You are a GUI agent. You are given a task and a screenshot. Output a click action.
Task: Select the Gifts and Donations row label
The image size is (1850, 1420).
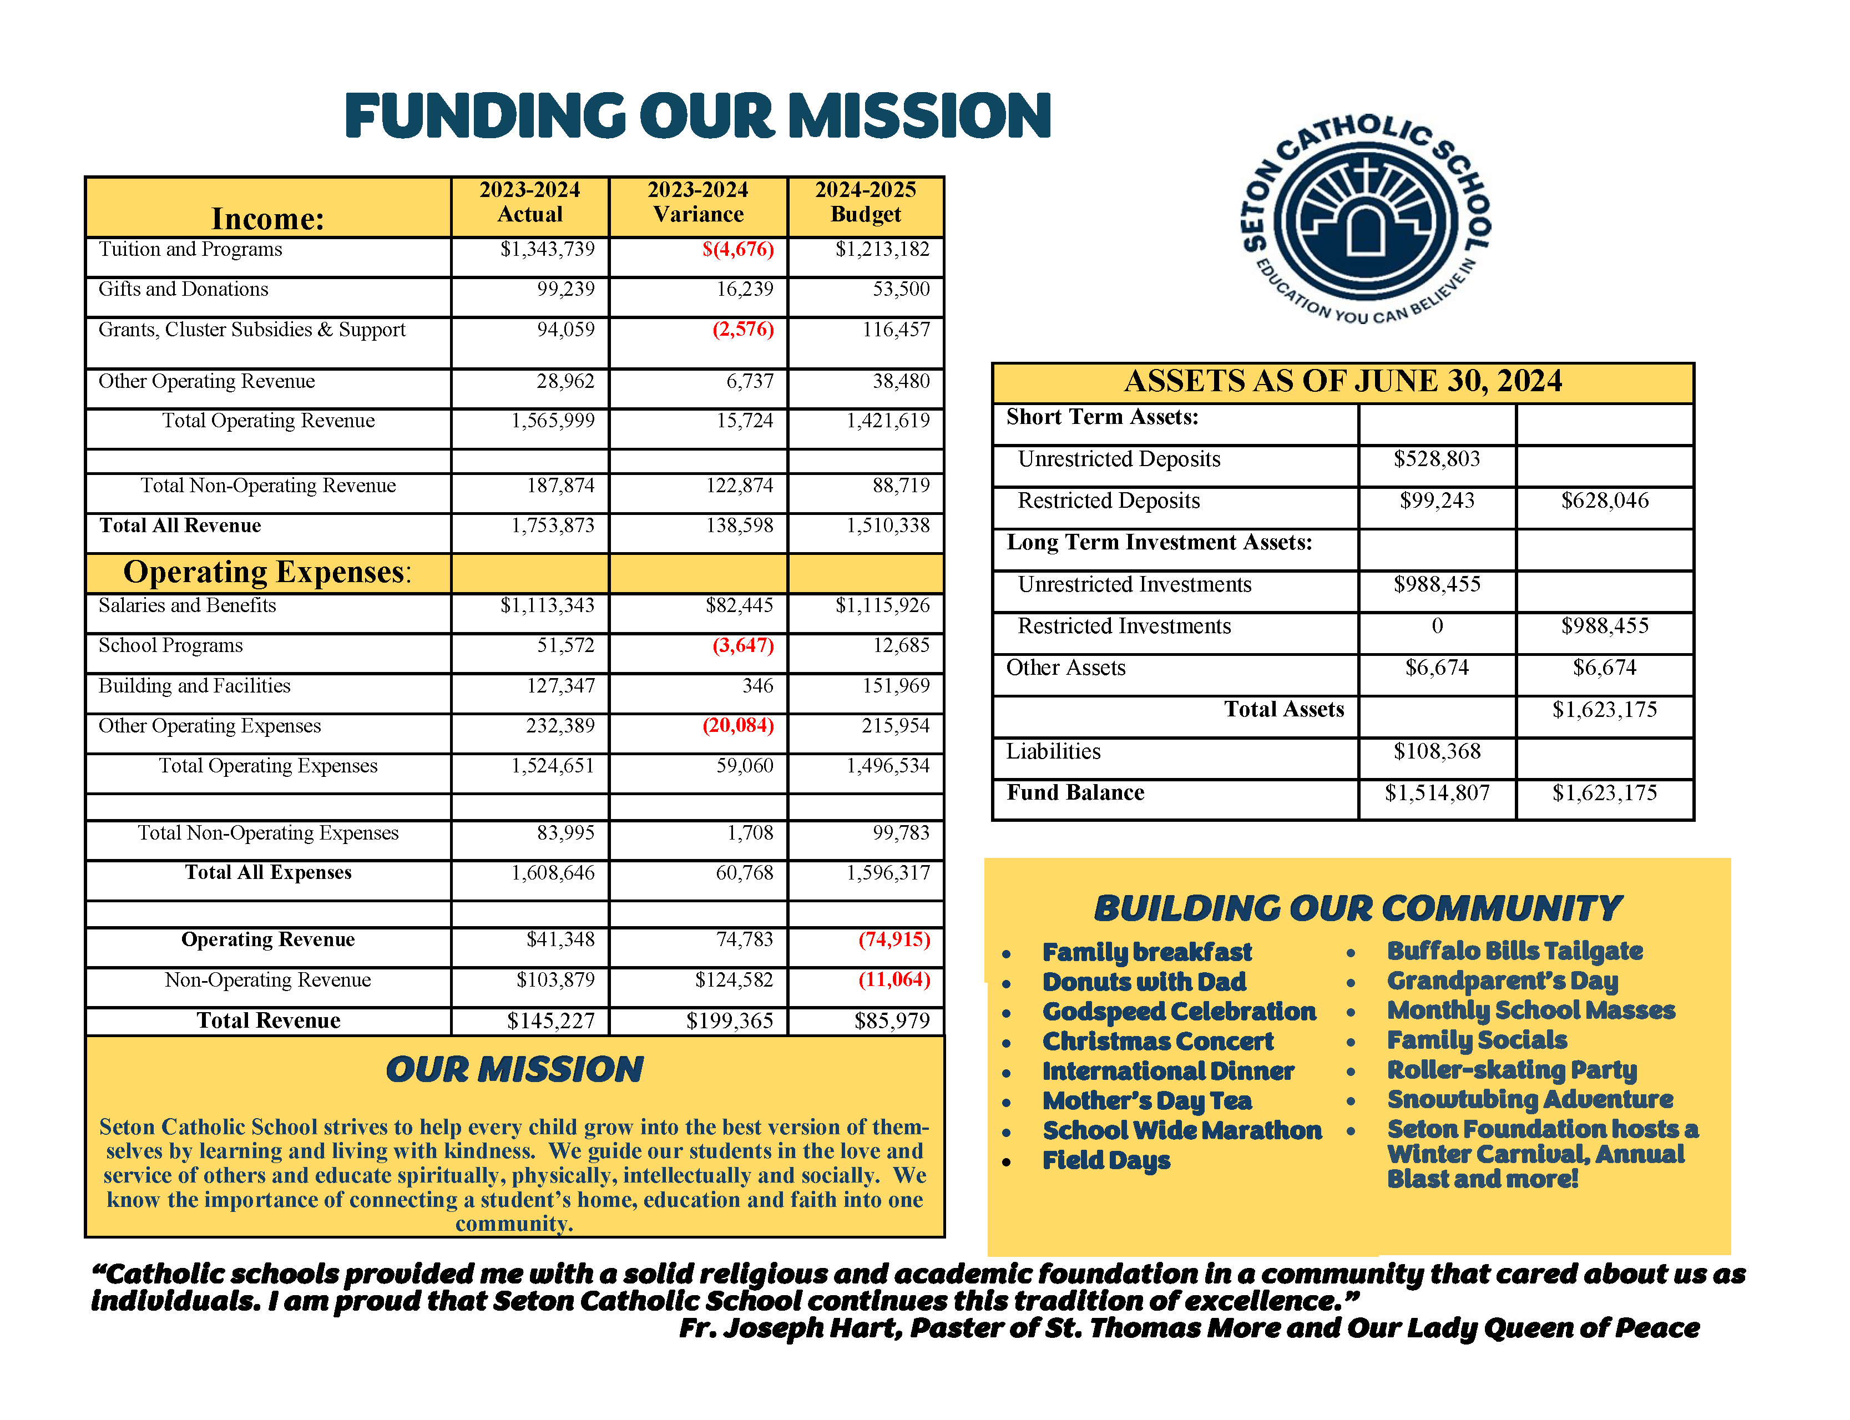click(184, 289)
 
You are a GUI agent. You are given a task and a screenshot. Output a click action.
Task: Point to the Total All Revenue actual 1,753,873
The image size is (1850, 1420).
click(553, 525)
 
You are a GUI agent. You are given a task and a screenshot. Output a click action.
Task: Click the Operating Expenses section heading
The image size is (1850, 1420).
click(267, 572)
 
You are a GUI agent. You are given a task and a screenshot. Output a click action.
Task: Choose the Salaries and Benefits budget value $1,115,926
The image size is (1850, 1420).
click(882, 605)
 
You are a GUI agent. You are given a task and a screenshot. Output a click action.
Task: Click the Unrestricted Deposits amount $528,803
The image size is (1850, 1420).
click(1437, 459)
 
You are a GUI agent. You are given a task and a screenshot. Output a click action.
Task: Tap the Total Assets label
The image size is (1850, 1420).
click(1284, 709)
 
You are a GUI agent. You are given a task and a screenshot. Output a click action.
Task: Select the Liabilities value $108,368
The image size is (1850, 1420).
click(1437, 751)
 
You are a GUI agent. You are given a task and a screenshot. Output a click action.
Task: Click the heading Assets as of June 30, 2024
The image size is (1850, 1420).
click(1342, 381)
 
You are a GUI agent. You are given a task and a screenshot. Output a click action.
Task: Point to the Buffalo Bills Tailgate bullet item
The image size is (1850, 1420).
click(1514, 952)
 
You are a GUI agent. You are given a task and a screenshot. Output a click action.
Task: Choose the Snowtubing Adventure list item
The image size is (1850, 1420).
click(1530, 1100)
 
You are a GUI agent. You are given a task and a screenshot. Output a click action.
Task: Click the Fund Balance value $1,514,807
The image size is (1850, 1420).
click(1437, 793)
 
